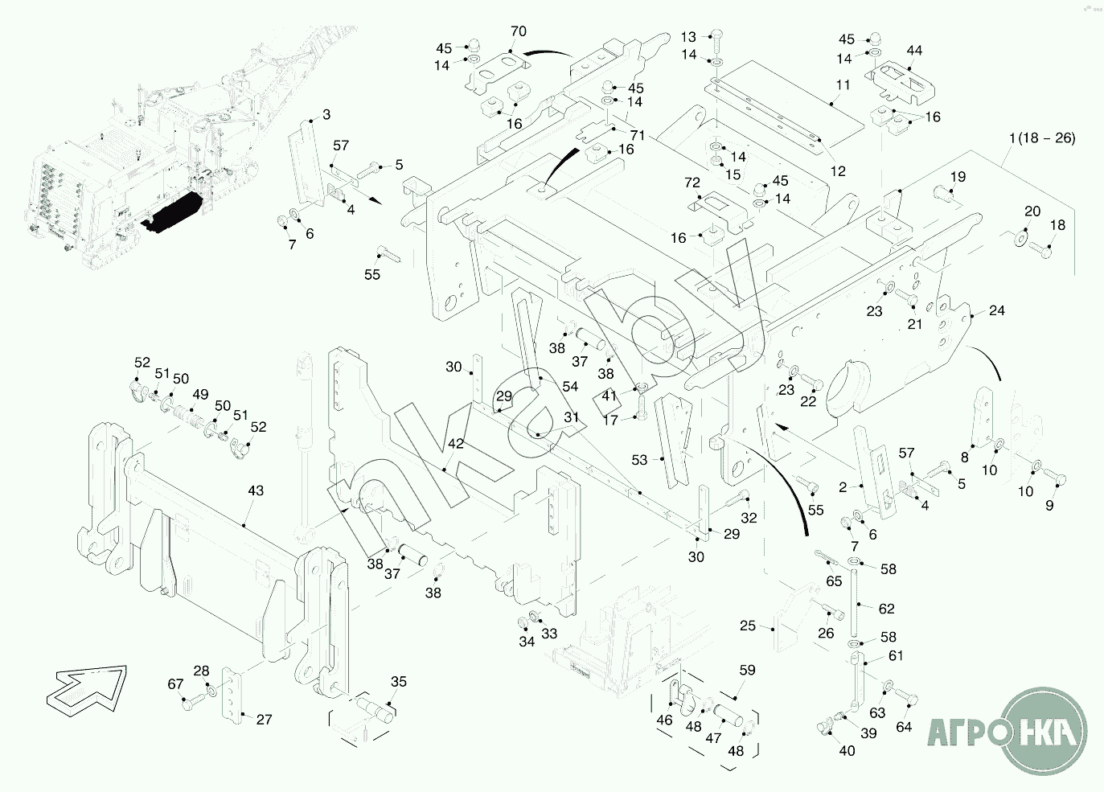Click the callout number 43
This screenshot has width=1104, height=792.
(256, 490)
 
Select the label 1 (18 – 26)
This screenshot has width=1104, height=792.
(1042, 137)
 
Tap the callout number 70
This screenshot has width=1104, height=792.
(519, 31)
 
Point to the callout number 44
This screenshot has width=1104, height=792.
(914, 51)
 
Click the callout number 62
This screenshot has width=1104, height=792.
(886, 609)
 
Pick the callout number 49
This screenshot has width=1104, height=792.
(200, 394)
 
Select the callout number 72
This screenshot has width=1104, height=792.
(692, 183)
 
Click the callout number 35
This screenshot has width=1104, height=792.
(399, 682)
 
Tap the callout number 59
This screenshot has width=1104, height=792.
(747, 670)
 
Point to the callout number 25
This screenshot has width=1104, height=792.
(748, 626)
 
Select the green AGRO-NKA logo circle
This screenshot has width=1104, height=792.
(1044, 731)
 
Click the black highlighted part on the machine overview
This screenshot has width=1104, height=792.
(173, 213)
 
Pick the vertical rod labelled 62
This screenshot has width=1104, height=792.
(854, 603)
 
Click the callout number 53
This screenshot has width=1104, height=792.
(639, 460)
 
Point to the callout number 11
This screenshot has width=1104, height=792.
(843, 84)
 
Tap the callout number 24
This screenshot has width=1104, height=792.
(996, 310)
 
